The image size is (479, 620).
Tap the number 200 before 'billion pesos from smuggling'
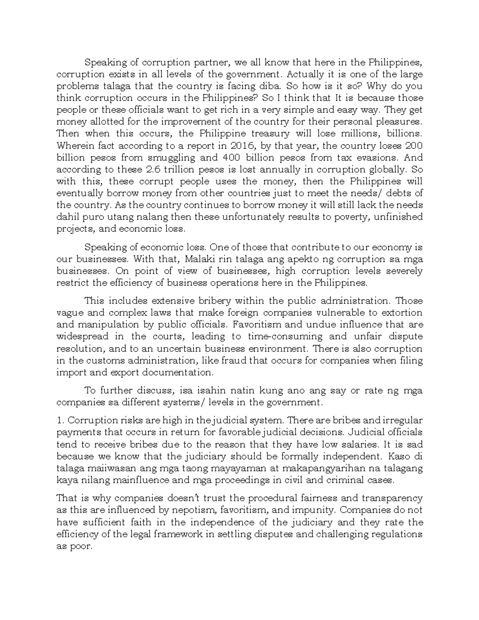[x=414, y=145]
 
